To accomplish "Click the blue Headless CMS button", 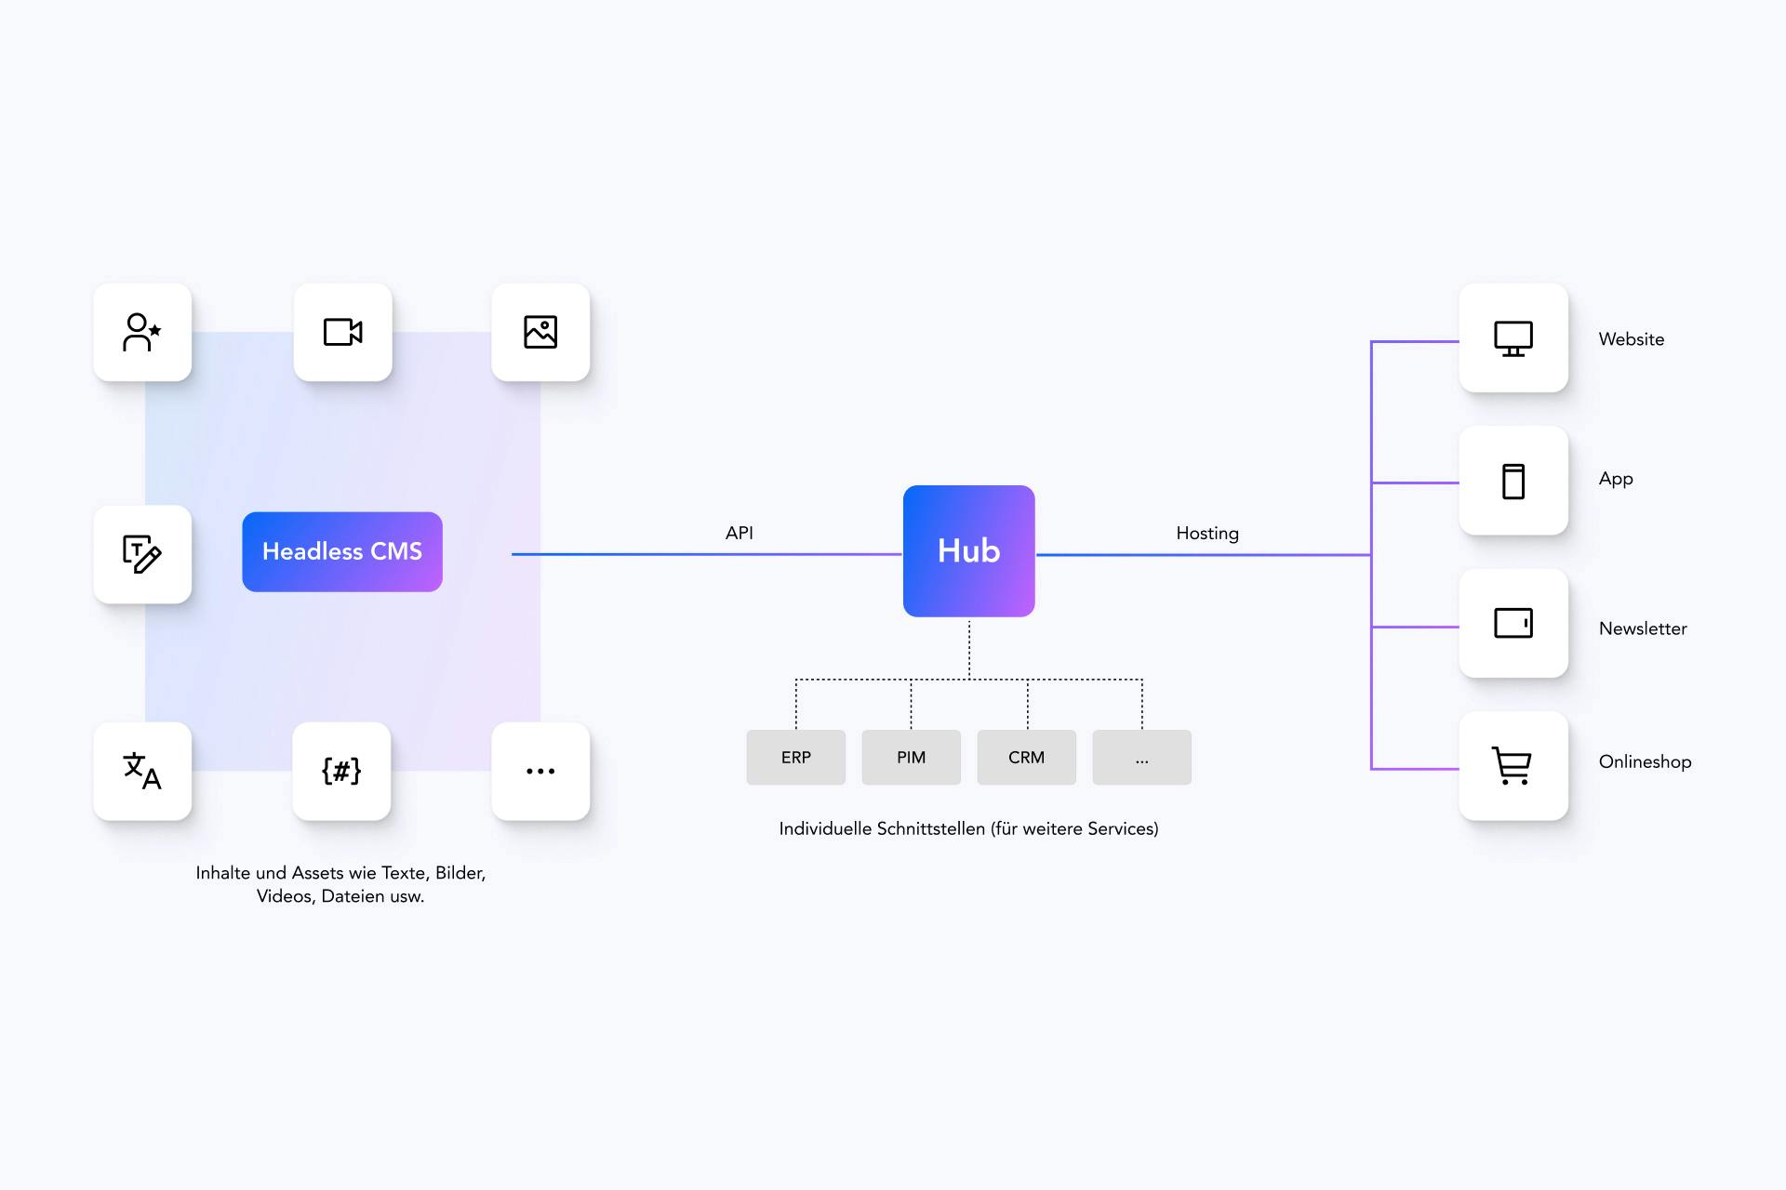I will [341, 551].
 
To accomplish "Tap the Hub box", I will [968, 550].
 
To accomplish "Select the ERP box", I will [795, 757].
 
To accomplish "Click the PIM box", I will [911, 757].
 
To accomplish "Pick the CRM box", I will [1026, 757].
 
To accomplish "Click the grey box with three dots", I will [1141, 757].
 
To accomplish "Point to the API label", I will [739, 533].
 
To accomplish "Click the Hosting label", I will [1206, 533].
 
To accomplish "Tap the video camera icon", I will [342, 332].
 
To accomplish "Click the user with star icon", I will [142, 332].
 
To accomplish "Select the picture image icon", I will [540, 332].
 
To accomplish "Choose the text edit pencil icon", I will [142, 554].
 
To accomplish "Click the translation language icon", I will [142, 771].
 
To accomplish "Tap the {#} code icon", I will [341, 771].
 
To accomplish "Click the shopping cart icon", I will [1513, 765].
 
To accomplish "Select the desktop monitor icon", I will [1513, 338].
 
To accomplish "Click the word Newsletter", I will [1642, 628].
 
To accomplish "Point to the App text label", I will [1615, 479].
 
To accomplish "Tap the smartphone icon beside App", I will [1513, 481].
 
